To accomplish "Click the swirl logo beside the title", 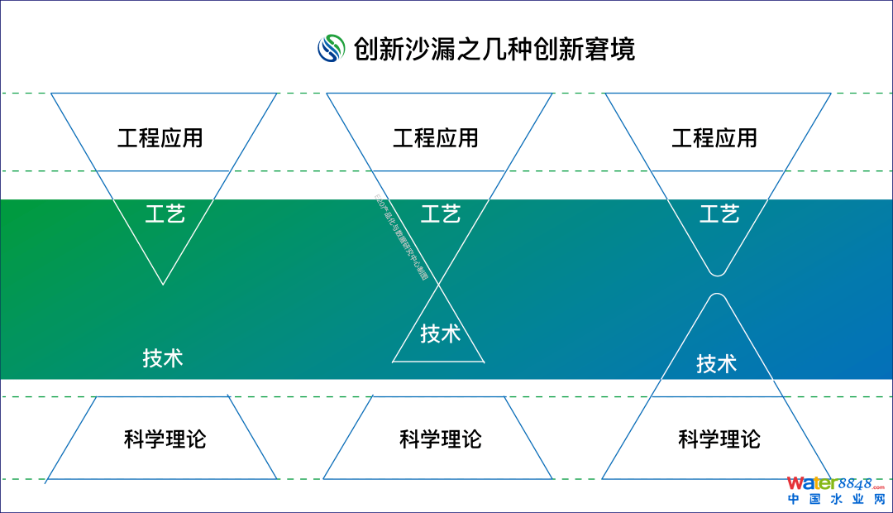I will [331, 48].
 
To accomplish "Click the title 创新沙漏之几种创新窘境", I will [494, 49].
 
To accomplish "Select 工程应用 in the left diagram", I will [160, 137].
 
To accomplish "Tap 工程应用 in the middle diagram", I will [436, 137].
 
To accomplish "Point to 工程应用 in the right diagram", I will [714, 137].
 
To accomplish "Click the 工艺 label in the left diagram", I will [165, 214].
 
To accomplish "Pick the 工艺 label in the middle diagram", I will [440, 214].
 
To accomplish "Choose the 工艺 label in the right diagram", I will [719, 214].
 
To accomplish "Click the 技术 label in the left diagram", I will [162, 358].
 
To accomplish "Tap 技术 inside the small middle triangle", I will [440, 333].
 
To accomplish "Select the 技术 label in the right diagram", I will [716, 363].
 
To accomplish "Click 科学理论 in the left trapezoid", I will [165, 439].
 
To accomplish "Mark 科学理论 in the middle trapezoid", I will [440, 439].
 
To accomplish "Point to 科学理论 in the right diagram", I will [719, 439].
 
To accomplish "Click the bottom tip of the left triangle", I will [163, 284].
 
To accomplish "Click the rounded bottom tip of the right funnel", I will [718, 273].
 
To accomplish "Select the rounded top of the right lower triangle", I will [718, 296].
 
